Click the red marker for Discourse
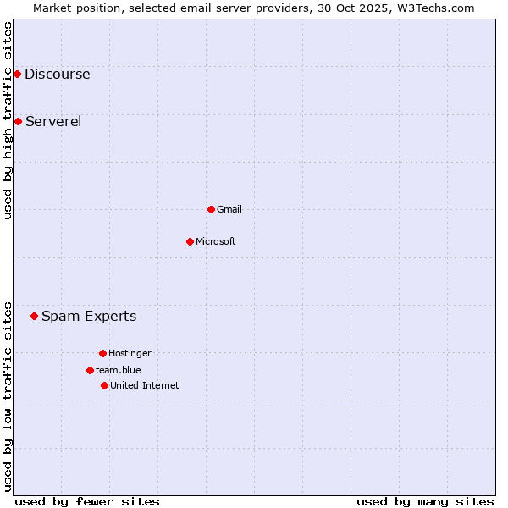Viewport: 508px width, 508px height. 17,74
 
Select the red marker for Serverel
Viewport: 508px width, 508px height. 18,121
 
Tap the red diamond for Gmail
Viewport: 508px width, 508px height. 211,209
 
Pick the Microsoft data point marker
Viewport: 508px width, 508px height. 190,241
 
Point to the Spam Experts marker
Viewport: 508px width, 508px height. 34,316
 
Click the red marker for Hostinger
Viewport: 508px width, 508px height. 102,353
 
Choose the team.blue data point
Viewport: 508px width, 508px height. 90,370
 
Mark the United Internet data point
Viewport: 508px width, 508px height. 104,385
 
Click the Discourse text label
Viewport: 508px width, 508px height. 57,74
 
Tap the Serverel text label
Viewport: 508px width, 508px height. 53,121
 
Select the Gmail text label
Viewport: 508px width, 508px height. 229,209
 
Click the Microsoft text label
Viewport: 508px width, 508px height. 216,241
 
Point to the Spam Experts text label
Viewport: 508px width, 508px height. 89,316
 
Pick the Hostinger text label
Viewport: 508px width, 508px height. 130,353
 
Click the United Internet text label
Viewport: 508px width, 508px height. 145,385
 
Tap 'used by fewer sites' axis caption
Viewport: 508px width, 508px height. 87,501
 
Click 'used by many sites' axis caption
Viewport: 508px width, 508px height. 425,501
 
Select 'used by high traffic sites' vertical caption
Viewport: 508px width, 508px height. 8,120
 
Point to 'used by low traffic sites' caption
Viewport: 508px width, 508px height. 8,396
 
